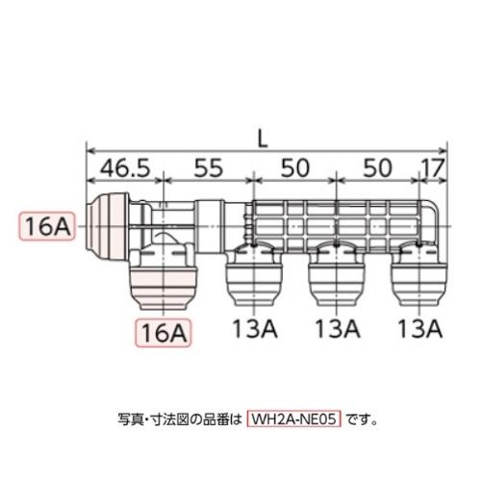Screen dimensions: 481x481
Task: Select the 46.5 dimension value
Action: tap(125, 167)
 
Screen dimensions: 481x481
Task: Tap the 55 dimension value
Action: tap(209, 167)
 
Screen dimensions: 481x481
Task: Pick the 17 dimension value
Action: tap(433, 167)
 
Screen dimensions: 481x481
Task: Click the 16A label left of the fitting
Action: tap(47, 226)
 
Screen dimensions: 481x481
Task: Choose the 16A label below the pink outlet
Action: tap(164, 333)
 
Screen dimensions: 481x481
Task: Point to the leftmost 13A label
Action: tap(254, 329)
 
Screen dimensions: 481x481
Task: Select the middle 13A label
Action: tap(337, 329)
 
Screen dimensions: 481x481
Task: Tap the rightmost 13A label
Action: tap(419, 329)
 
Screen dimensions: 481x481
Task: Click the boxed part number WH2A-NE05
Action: tap(294, 419)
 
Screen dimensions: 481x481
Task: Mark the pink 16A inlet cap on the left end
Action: tap(107, 226)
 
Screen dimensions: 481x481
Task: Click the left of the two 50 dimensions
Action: tap(295, 167)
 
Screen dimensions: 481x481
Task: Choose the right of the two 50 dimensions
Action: tap(377, 167)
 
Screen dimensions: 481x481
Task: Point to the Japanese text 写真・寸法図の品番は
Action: tap(179, 419)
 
